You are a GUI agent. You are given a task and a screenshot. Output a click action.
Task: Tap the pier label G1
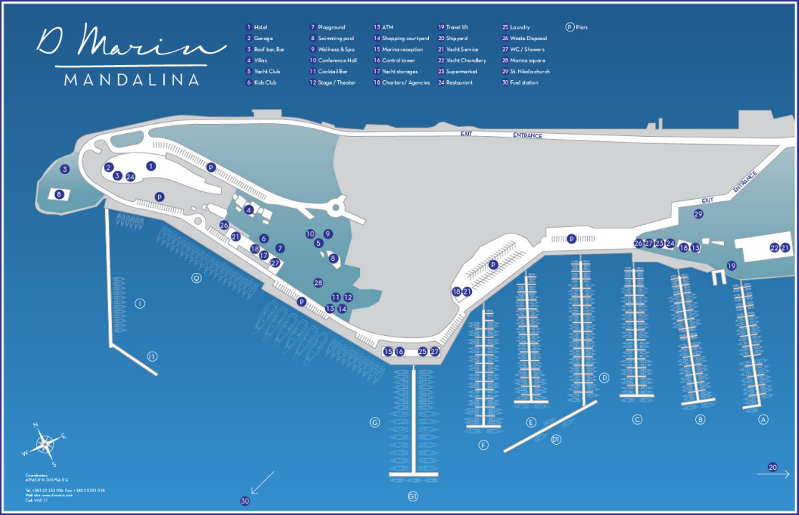412,497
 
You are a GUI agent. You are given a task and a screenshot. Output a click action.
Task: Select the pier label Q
196,278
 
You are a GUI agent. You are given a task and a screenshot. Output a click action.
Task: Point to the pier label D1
556,440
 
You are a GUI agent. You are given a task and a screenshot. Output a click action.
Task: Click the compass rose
45,444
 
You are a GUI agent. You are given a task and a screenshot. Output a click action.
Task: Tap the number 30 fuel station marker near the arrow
246,501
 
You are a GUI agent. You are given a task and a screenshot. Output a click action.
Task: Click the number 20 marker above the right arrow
773,467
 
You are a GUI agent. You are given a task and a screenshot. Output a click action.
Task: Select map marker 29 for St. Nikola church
699,213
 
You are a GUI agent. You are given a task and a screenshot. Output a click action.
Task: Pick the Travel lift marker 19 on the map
731,266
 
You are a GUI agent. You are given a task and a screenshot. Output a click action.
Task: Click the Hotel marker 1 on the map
151,166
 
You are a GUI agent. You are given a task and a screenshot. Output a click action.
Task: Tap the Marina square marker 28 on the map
318,283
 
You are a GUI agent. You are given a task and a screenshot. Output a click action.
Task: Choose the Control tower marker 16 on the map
399,352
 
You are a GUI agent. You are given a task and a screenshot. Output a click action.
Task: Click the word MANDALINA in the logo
132,80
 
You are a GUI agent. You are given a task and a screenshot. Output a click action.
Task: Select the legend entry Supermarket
462,72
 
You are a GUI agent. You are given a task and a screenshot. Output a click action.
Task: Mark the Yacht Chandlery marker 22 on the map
774,248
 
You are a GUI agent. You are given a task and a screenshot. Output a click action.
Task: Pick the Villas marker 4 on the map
248,210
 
